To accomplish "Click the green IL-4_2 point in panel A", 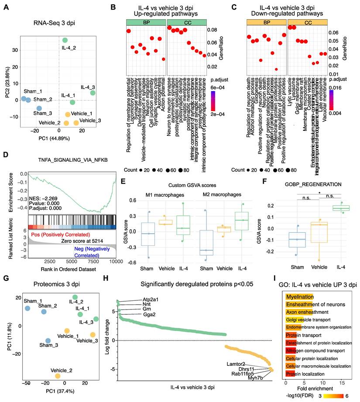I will coord(65,40).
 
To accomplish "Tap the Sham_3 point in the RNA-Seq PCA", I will coord(39,108).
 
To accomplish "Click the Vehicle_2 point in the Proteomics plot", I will coord(57,376).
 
